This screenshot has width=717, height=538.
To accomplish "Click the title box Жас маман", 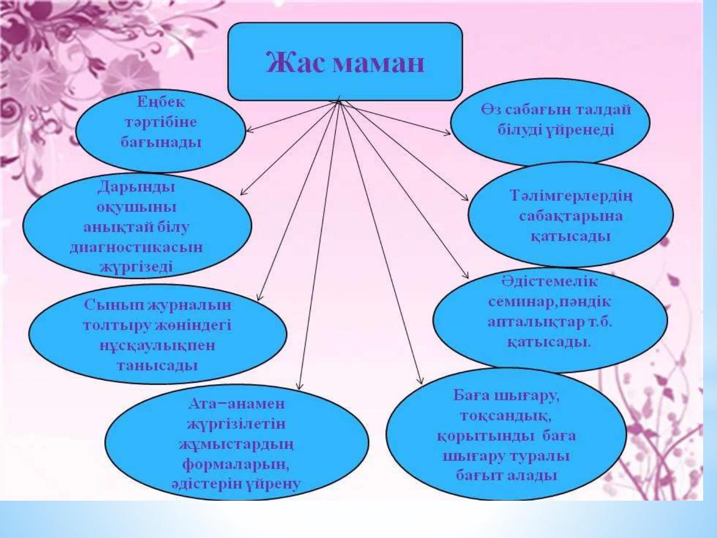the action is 345,61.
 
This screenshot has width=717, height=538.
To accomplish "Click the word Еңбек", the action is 161,102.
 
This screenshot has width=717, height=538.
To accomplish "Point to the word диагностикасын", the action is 137,247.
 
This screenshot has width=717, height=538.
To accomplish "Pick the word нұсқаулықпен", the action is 157,345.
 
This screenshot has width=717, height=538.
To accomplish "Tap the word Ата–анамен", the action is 237,404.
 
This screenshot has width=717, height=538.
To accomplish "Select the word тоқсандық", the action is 506,416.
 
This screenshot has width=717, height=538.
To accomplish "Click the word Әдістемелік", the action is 549,282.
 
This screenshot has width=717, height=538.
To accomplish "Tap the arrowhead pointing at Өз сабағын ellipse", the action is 447,132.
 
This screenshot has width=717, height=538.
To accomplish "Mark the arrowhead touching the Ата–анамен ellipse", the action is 300,386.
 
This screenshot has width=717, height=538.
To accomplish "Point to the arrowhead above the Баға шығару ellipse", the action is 420,380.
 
